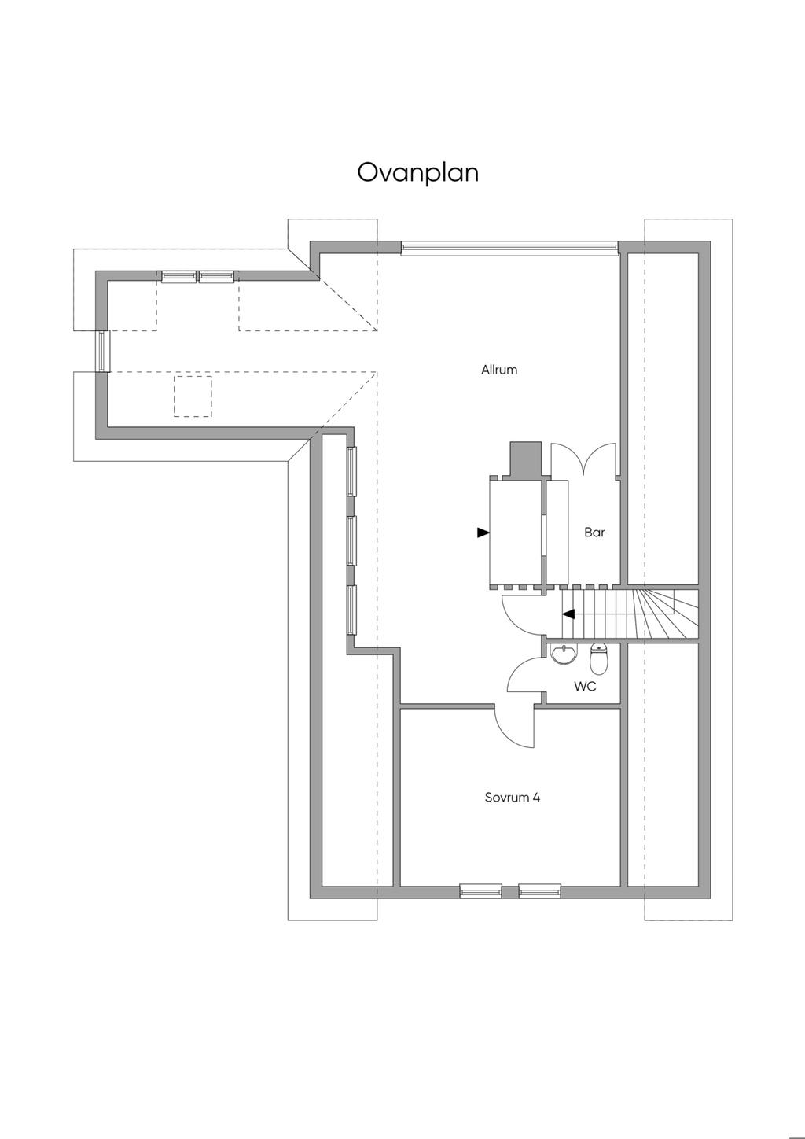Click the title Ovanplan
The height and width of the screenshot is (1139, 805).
(x=417, y=172)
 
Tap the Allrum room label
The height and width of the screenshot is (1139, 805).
(x=499, y=370)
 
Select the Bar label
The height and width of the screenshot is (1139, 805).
(x=594, y=533)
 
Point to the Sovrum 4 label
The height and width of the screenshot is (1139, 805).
(x=513, y=797)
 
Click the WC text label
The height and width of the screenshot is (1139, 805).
(x=585, y=687)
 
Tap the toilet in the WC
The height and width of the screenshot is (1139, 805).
(x=598, y=658)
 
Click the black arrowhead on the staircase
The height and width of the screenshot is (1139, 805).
(x=568, y=614)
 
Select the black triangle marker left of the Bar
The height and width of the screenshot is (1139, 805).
(x=483, y=533)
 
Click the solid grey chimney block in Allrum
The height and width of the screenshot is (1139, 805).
(x=525, y=459)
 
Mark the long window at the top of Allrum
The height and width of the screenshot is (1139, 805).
(x=509, y=248)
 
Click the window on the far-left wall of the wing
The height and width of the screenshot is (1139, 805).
(x=103, y=351)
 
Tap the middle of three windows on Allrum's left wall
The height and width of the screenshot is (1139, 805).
(x=351, y=540)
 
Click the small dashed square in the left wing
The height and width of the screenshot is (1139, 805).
(x=193, y=396)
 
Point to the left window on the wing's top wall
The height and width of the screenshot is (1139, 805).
(x=179, y=276)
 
